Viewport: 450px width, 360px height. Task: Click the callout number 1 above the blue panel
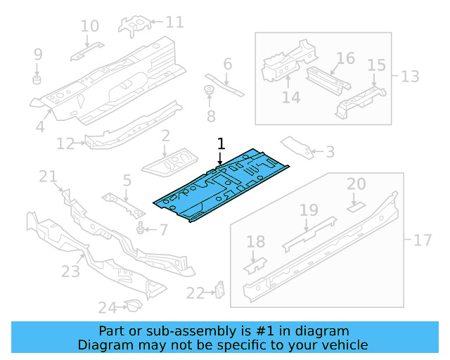tap(221, 144)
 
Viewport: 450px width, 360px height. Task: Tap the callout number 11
tap(174, 22)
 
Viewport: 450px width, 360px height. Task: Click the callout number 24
tap(106, 307)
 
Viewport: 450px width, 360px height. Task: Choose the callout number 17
tap(422, 240)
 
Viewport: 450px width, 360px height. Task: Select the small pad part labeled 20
tap(356, 206)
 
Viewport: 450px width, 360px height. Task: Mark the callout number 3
tap(330, 152)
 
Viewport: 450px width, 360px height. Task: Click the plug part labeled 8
tap(209, 90)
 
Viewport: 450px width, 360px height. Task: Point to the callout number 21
tap(47, 176)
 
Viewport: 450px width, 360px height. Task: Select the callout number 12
tap(65, 144)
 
